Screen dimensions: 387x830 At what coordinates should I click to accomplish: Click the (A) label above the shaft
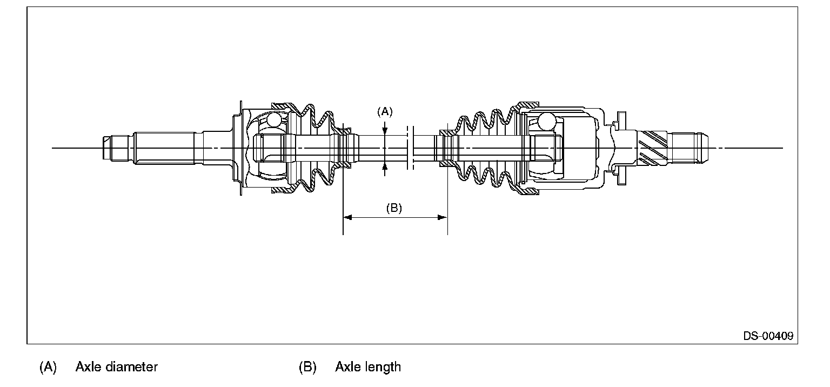pyautogui.click(x=384, y=112)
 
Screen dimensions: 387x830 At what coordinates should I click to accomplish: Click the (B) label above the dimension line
pyautogui.click(x=394, y=208)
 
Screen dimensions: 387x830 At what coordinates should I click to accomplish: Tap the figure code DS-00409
pyautogui.click(x=768, y=336)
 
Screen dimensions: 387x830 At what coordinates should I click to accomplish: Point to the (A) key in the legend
pyautogui.click(x=48, y=367)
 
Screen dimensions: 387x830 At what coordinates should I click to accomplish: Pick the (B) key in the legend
pyautogui.click(x=307, y=367)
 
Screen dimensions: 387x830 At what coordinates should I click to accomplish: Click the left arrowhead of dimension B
pyautogui.click(x=348, y=217)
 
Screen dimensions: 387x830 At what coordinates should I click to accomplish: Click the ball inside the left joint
pyautogui.click(x=275, y=119)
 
